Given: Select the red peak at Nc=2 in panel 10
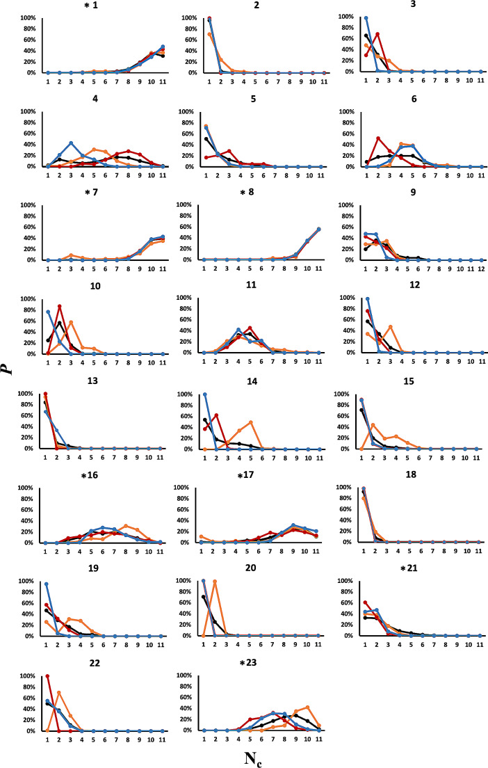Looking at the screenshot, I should click(x=60, y=306).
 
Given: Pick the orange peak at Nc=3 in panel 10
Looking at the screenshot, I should click(x=71, y=321).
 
